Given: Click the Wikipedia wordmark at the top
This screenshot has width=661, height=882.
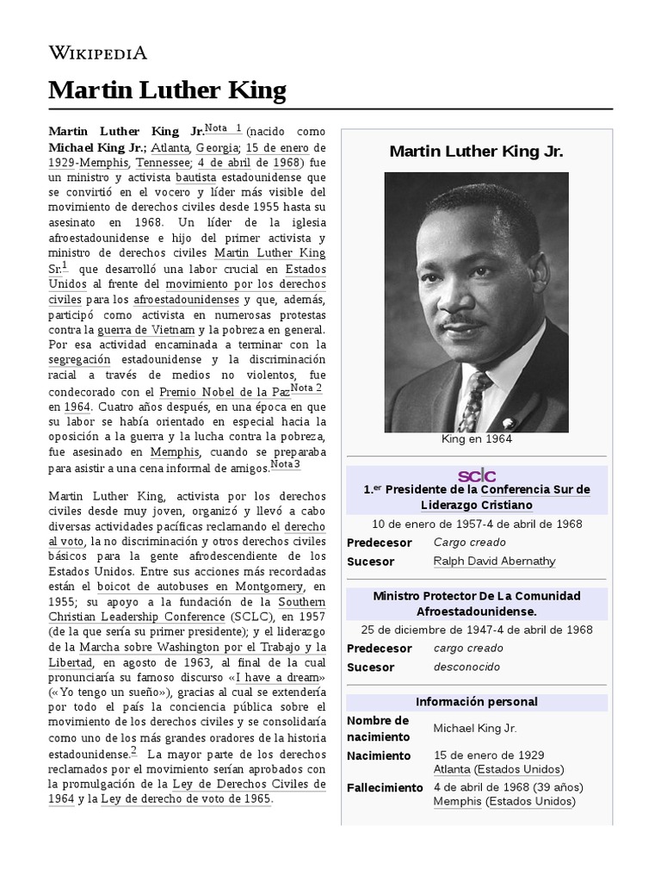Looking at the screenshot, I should click(97, 53).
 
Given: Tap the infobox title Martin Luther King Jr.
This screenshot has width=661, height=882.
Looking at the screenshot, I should click(476, 152).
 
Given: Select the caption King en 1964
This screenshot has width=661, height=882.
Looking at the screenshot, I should click(476, 440).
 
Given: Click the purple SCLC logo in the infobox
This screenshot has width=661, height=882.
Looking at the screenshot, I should click(476, 475).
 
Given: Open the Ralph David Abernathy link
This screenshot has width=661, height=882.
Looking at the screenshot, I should click(494, 562).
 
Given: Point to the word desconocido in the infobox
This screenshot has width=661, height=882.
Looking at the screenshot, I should click(466, 668).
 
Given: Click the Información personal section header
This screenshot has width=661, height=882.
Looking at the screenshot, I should click(476, 702).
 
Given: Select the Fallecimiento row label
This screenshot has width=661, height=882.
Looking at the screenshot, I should click(385, 788).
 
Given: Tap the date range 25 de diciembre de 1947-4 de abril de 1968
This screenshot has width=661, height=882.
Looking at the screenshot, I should click(476, 630).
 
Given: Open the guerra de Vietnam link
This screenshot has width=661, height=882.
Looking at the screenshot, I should click(158, 330).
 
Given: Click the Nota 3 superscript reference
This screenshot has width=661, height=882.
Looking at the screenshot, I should click(286, 465).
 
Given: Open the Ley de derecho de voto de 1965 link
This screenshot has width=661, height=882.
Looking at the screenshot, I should click(186, 798).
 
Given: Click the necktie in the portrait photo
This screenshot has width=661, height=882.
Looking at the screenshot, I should click(473, 401).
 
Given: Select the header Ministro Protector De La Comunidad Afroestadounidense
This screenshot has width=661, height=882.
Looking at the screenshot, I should click(476, 603).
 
